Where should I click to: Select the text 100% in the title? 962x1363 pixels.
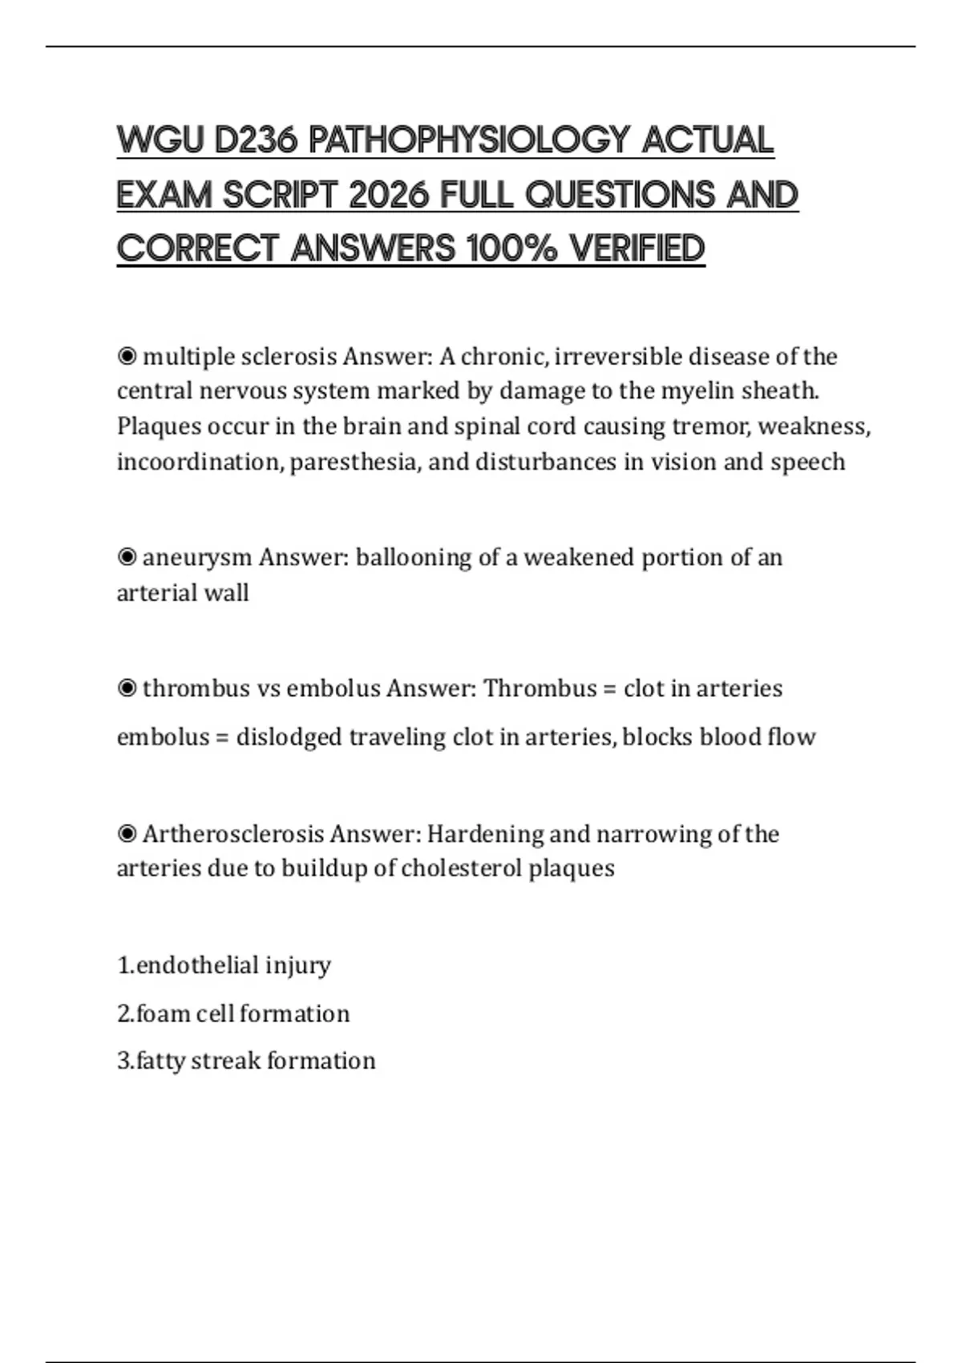point(511,249)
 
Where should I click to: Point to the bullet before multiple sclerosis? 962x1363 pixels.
point(127,356)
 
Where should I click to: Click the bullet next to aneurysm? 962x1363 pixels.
point(127,557)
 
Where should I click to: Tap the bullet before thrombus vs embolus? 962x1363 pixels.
point(127,689)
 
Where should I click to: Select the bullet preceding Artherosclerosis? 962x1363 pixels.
point(127,835)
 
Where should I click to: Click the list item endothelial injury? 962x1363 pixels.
point(224,965)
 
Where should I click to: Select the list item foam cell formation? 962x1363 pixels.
point(233,1014)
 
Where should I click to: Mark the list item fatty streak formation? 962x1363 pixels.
point(246,1062)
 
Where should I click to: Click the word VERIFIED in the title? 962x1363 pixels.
point(637,249)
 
